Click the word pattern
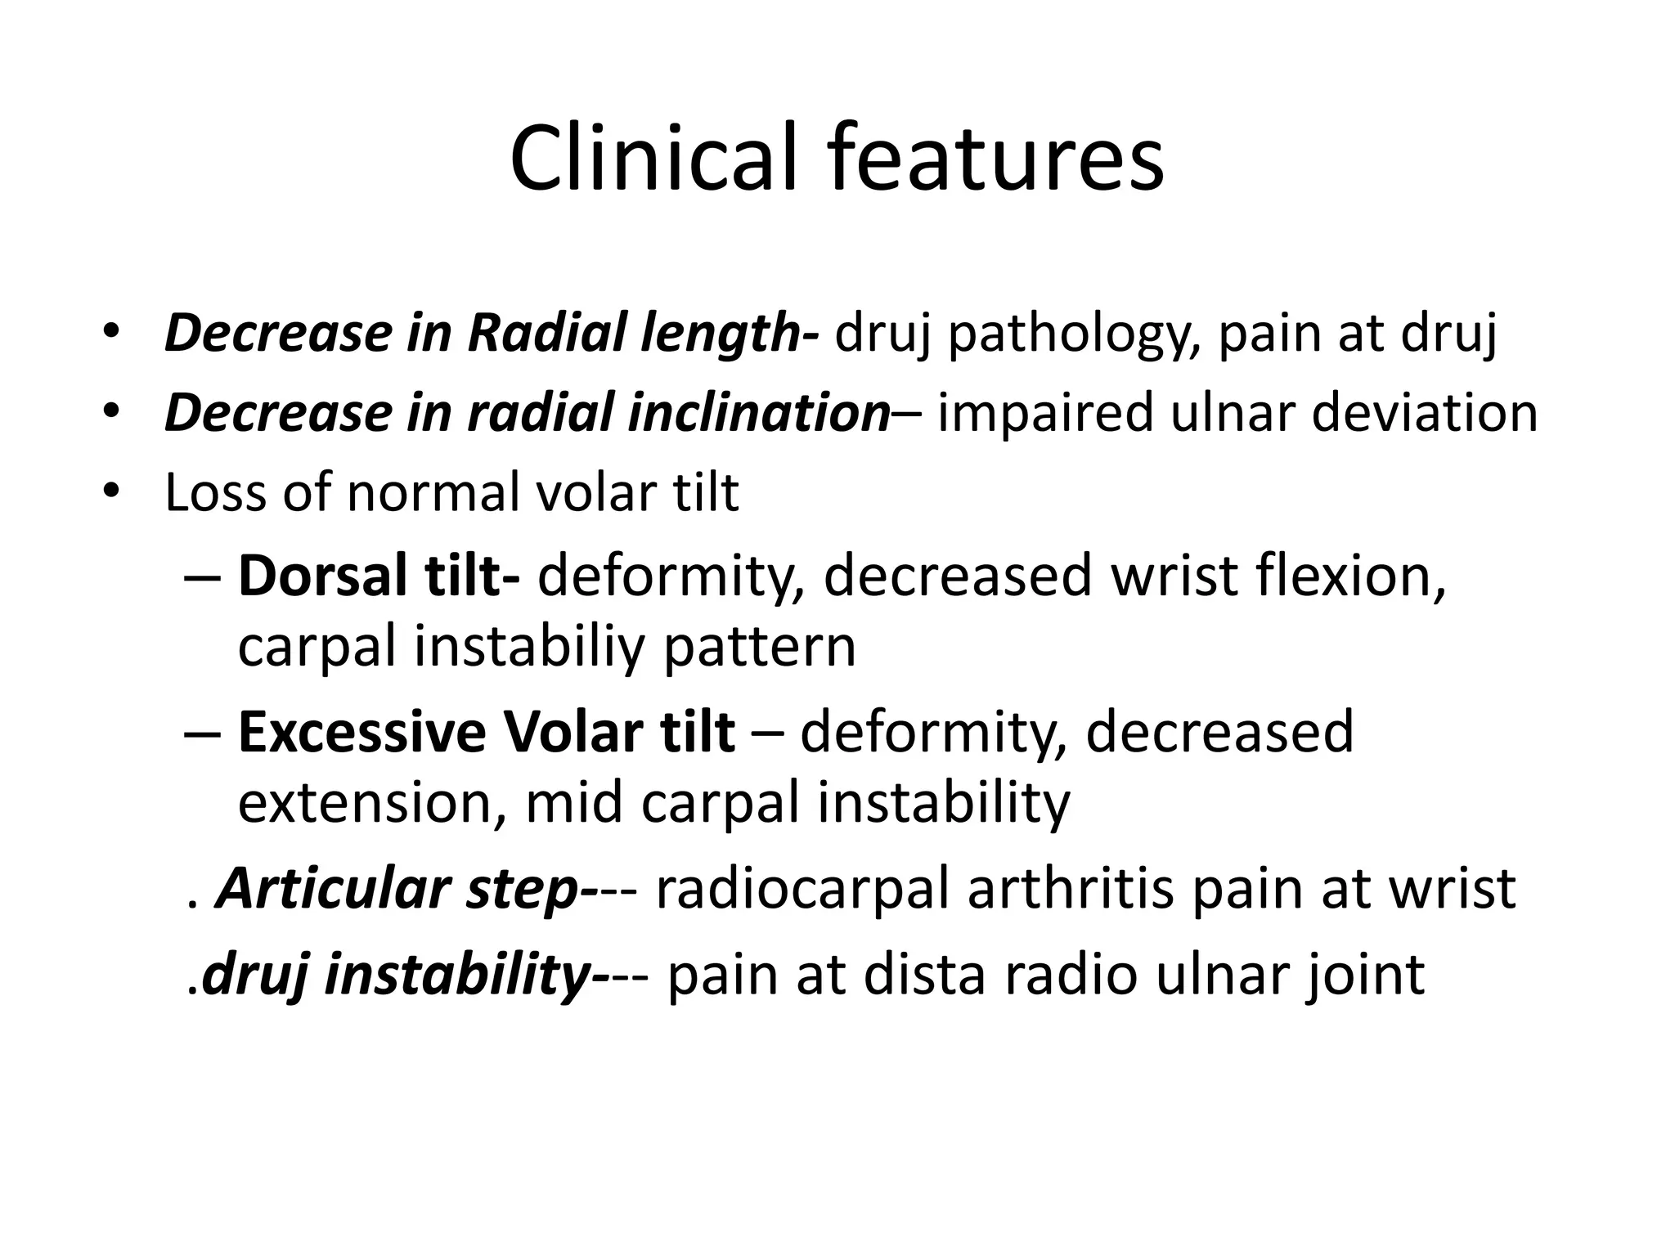click(760, 648)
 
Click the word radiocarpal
click(803, 889)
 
